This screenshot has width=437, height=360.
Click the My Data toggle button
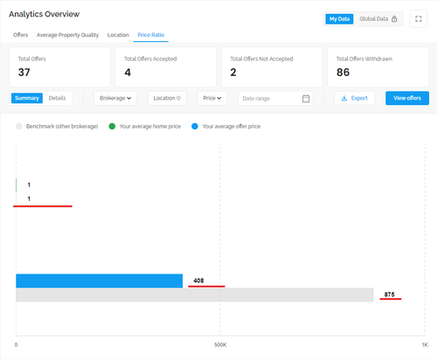tap(339, 19)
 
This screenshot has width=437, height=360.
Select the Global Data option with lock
tap(378, 19)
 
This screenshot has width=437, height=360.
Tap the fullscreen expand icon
tap(419, 19)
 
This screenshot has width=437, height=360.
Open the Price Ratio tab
tap(151, 35)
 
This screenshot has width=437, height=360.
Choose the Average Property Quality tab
tap(67, 35)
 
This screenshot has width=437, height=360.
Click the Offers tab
tap(20, 35)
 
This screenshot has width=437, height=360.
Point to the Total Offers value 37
tap(24, 73)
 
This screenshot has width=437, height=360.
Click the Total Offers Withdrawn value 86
tap(343, 73)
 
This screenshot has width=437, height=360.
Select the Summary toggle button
tap(27, 98)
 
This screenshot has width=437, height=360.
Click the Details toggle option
tap(57, 98)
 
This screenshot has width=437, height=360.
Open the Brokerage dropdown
tap(115, 98)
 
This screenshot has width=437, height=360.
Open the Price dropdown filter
tap(212, 98)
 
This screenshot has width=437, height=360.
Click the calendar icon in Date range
tap(306, 99)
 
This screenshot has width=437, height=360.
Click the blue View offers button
tap(407, 98)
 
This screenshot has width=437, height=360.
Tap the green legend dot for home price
tap(112, 127)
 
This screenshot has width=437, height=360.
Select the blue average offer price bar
tap(100, 280)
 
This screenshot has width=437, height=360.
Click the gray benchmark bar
tap(195, 294)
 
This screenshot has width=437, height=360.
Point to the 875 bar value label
tap(389, 294)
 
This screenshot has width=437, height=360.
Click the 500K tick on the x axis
tap(220, 345)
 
